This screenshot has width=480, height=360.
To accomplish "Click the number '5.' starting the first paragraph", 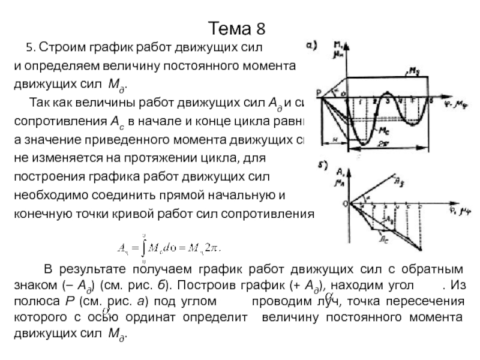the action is click(x=32, y=47).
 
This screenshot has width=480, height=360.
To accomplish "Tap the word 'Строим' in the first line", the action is click(x=63, y=47).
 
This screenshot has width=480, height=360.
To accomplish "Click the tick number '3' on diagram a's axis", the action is click(x=387, y=102).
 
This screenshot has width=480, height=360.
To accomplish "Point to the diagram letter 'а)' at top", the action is click(x=312, y=45).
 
